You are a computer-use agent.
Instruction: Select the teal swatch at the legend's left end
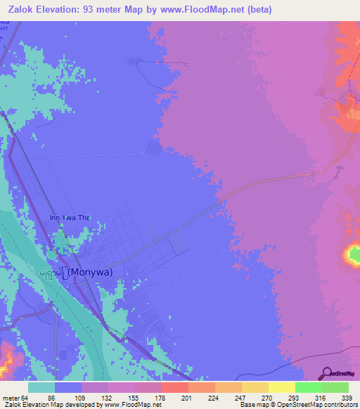41,387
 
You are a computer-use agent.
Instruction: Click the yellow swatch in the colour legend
281,387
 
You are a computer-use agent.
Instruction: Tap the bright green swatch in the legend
308,387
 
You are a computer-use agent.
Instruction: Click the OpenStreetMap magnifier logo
327,373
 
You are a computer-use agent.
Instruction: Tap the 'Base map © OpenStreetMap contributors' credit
298,405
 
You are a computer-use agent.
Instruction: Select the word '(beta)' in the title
256,10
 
